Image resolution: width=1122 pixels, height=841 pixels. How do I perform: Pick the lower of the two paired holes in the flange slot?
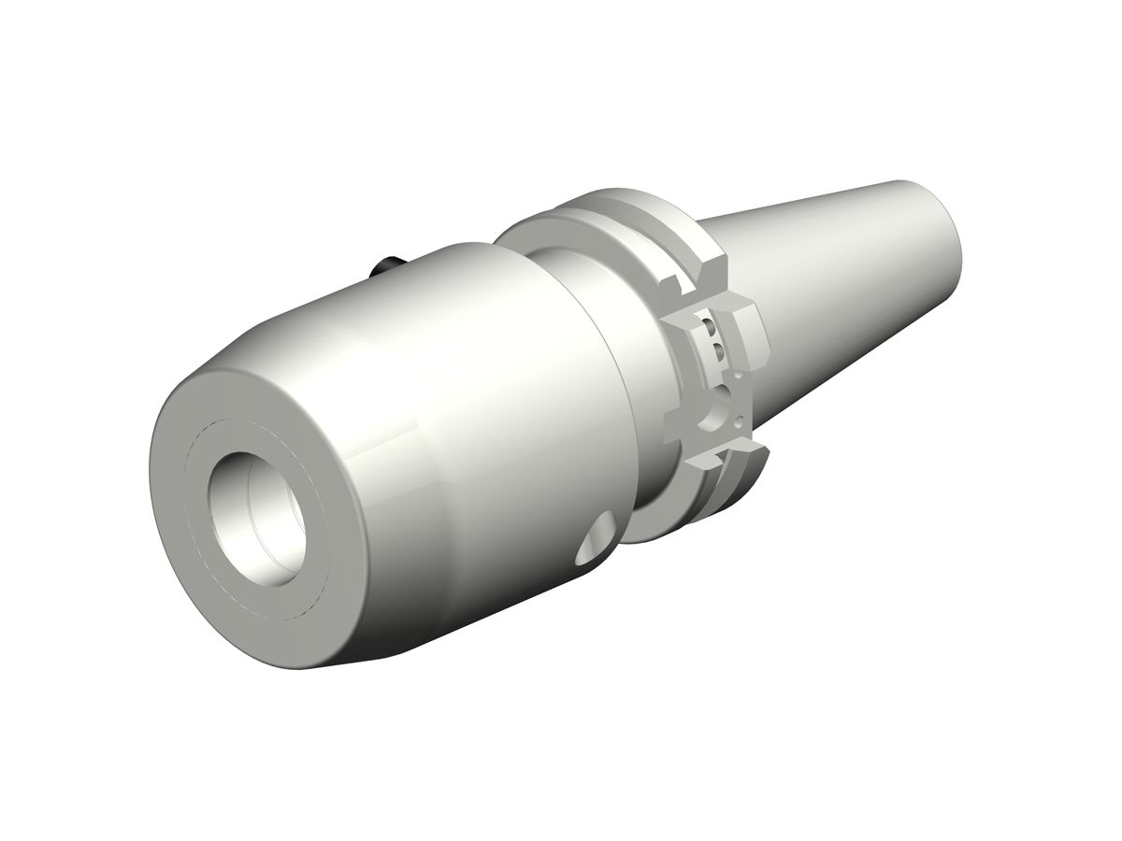coord(718,352)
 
